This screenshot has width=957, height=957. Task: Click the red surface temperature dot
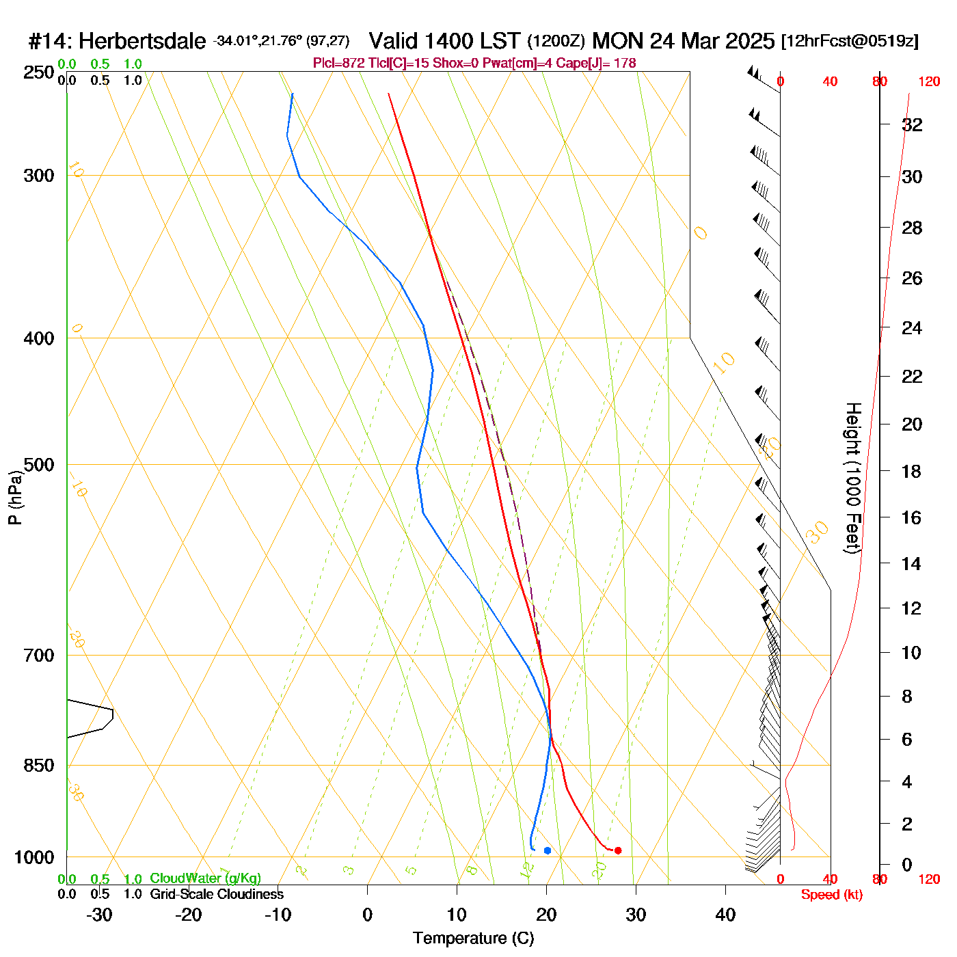(618, 850)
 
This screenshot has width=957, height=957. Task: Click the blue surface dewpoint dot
(548, 850)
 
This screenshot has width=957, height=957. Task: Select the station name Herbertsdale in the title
(141, 42)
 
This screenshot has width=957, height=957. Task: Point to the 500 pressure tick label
(39, 465)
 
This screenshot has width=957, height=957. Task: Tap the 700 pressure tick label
(39, 656)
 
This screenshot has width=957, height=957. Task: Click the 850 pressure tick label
(39, 766)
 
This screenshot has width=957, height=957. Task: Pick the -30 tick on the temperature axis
(99, 915)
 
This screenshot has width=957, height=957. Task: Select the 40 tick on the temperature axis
(725, 915)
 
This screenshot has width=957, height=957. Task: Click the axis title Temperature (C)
(473, 939)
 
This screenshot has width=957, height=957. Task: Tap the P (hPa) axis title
(15, 498)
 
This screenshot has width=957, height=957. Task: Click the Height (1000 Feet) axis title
(852, 478)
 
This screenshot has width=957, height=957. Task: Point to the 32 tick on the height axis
(912, 124)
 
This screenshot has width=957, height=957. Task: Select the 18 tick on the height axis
(912, 471)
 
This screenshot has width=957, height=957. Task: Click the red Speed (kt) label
(831, 895)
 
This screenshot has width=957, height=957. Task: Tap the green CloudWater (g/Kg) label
(205, 878)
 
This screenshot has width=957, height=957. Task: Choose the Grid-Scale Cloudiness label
(217, 894)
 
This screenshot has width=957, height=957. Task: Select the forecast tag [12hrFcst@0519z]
(850, 41)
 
